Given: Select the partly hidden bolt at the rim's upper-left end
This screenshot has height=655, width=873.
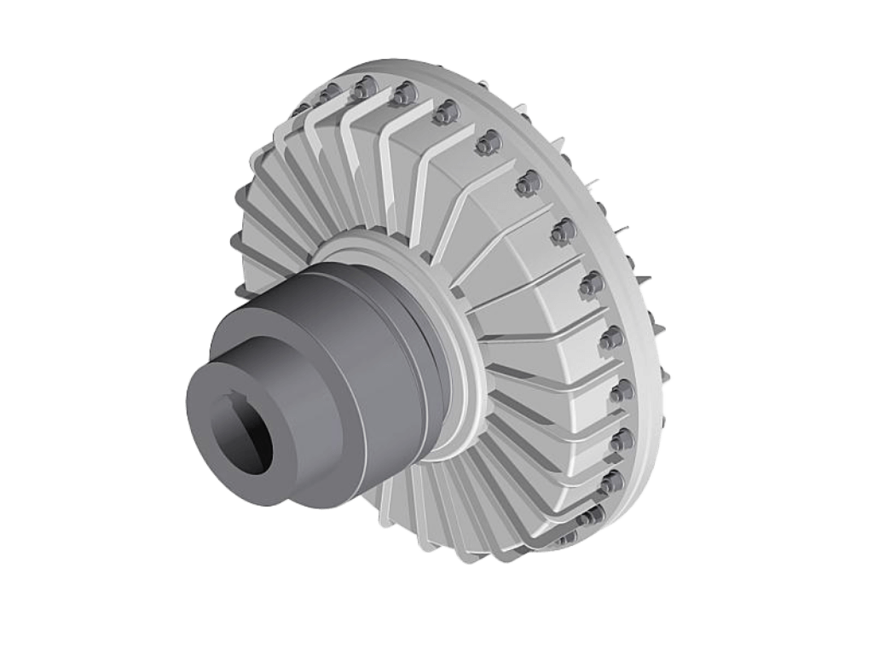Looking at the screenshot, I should click(x=301, y=108).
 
